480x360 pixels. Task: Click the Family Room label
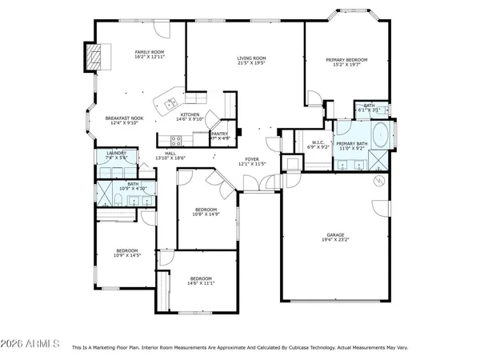(149, 52)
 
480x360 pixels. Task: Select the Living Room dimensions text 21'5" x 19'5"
(251, 64)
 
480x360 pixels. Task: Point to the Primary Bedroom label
(346, 60)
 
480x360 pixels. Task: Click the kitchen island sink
(170, 104)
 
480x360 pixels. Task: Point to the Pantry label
(220, 134)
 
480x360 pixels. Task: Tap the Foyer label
(252, 159)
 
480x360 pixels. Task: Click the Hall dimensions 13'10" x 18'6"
(170, 158)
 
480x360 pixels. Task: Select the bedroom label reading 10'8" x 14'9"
(206, 214)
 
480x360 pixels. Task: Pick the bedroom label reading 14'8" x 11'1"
(201, 283)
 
